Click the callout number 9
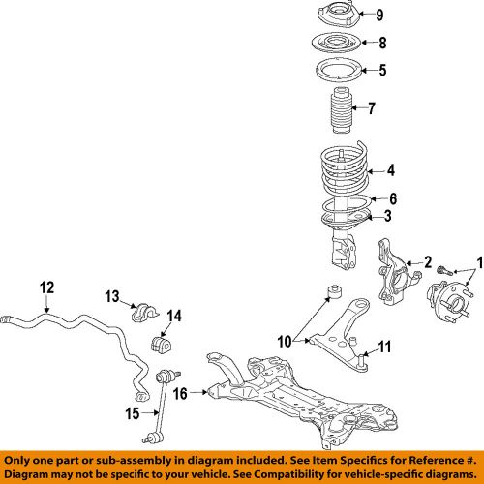[379, 15]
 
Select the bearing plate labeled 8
[336, 43]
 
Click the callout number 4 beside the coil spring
[391, 170]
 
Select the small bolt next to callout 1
[444, 270]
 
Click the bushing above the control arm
[335, 291]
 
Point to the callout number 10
[285, 342]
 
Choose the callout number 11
[384, 347]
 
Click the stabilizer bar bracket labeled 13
[145, 312]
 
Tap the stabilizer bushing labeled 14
[162, 345]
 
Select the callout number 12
[47, 287]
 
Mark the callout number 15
[133, 413]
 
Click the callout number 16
[180, 393]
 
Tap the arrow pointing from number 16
[198, 392]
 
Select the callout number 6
[393, 198]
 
